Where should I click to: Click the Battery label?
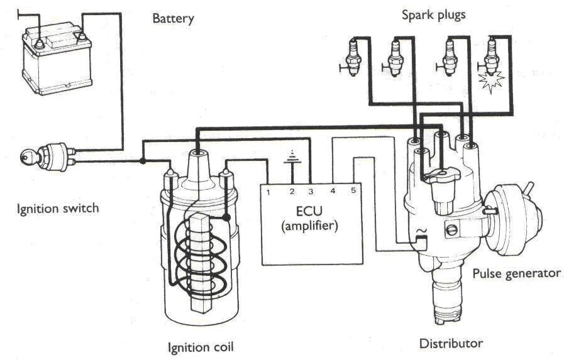173,18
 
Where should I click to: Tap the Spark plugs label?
433,14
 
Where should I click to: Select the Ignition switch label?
57,207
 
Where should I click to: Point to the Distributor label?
451,343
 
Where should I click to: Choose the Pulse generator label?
516,273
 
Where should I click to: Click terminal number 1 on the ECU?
268,190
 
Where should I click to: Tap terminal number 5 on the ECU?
353,190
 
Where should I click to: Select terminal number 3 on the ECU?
310,190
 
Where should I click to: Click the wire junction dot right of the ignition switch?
143,161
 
